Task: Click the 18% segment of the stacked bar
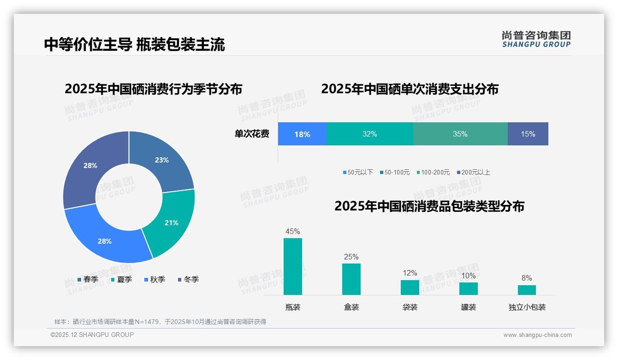coord(302,134)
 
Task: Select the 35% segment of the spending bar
coord(460,134)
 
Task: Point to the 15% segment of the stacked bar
coord(528,134)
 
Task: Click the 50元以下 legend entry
coord(358,172)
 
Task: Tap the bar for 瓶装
coord(293,267)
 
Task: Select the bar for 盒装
coord(351,279)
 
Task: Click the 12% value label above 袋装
coord(410,273)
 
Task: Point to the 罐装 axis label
coord(469,307)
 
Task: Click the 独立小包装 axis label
coord(527,307)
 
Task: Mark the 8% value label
coord(527,278)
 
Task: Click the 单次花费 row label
coord(252,134)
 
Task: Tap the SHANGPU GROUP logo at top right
coord(536,39)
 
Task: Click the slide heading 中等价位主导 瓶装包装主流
coord(135,44)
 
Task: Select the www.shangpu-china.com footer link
coord(537,335)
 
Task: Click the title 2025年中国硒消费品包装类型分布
coord(429,206)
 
